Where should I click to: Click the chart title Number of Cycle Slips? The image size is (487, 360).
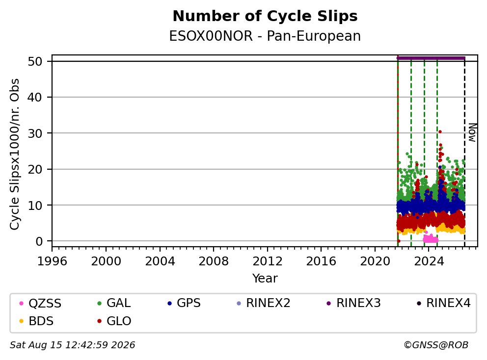point(265,16)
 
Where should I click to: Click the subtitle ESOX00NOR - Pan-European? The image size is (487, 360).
point(265,36)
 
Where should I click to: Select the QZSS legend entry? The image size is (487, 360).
point(40,303)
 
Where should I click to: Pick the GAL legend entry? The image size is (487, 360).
point(114,303)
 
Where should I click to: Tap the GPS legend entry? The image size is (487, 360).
point(184,303)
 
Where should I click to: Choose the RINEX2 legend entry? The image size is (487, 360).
point(263,303)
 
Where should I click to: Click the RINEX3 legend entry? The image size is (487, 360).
point(354,303)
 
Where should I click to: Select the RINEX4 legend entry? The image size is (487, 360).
point(443,303)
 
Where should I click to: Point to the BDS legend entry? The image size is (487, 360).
point(36,321)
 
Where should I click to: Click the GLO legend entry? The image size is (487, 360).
point(114,321)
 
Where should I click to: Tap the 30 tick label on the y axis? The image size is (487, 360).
point(35,133)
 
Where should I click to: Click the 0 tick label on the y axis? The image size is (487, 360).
point(39,241)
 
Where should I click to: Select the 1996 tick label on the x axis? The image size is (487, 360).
point(52,261)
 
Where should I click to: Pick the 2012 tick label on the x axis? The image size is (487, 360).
point(268,261)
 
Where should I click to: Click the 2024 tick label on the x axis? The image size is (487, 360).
point(429,261)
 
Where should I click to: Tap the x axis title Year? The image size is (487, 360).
point(265,279)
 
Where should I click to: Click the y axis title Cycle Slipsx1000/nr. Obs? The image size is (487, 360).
point(14,154)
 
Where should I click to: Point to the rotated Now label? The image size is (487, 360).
point(472,132)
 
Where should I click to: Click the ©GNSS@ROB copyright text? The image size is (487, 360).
point(436,345)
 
